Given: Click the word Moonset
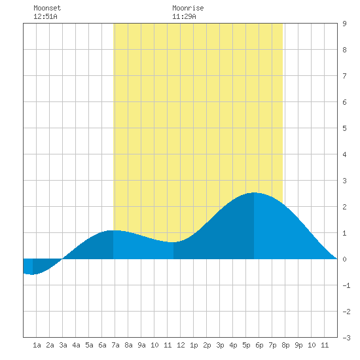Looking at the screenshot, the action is pyautogui.click(x=47, y=8).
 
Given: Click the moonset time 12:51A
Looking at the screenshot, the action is pyautogui.click(x=45, y=16).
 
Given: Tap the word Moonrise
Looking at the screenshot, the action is pyautogui.click(x=188, y=8).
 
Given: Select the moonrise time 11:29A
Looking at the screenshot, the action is pyautogui.click(x=184, y=16).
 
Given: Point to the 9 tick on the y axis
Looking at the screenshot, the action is pyautogui.click(x=344, y=24).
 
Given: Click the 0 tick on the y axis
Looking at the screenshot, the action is pyautogui.click(x=344, y=259).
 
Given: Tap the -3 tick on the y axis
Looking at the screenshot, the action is pyautogui.click(x=346, y=338).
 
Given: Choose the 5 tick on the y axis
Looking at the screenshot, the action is pyautogui.click(x=344, y=128).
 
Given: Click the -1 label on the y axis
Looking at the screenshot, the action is pyautogui.click(x=346, y=285).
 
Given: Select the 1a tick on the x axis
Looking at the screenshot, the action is pyautogui.click(x=37, y=345).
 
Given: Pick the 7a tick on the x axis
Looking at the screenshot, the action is pyautogui.click(x=115, y=345).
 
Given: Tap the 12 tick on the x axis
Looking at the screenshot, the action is pyautogui.click(x=181, y=345).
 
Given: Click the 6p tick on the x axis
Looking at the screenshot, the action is pyautogui.click(x=259, y=345).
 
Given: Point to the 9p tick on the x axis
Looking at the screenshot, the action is pyautogui.click(x=298, y=345).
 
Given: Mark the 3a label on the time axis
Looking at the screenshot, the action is pyautogui.click(x=63, y=345).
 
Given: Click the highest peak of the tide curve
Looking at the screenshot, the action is pyautogui.click(x=254, y=193).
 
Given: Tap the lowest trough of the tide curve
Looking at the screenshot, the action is pyautogui.click(x=32, y=274).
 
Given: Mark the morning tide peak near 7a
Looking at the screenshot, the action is pyautogui.click(x=113, y=230).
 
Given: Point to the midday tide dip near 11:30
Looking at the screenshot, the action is pyautogui.click(x=173, y=242).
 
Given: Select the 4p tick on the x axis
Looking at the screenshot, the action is pyautogui.click(x=233, y=345).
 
